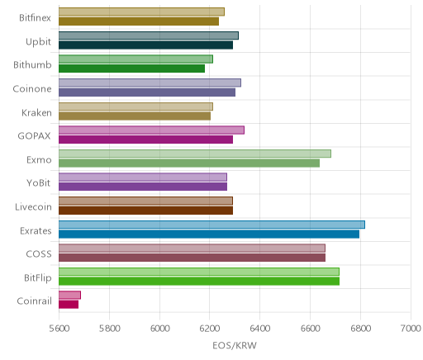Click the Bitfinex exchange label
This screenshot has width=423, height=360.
(x=35, y=18)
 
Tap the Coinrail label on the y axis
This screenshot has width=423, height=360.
(x=34, y=301)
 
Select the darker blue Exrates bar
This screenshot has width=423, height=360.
(x=209, y=234)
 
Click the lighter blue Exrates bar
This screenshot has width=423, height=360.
(x=211, y=225)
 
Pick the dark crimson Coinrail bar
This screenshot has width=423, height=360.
(x=69, y=305)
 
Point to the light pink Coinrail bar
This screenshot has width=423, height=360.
(x=69, y=295)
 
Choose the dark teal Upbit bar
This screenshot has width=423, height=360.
(x=145, y=45)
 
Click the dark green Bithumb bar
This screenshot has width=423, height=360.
(x=131, y=69)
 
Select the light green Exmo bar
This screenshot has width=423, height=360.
(x=195, y=154)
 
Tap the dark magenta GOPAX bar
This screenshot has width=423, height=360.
(x=145, y=140)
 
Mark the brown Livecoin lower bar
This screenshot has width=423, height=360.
(x=145, y=211)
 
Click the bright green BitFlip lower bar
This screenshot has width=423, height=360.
(x=199, y=282)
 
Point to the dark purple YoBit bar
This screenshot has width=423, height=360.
(x=143, y=187)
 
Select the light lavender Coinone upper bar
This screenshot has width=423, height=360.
(x=150, y=83)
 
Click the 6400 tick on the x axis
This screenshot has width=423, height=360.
(x=259, y=329)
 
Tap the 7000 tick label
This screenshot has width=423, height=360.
(x=411, y=329)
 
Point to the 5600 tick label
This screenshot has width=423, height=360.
(x=59, y=329)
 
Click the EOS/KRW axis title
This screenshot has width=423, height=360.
(x=235, y=345)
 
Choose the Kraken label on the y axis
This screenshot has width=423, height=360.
(x=36, y=113)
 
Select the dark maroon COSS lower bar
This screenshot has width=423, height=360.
(x=192, y=258)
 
